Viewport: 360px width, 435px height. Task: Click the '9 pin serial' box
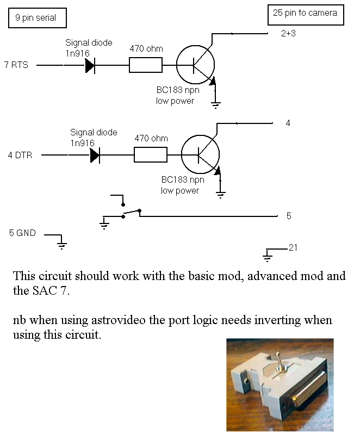[x=37, y=18]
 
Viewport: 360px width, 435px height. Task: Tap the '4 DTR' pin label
[x=20, y=156]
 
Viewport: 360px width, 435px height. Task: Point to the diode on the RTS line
[x=90, y=66]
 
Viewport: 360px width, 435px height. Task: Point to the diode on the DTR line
[x=95, y=156]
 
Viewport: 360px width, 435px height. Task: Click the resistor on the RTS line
[x=145, y=66]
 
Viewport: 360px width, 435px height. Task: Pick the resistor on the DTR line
[x=151, y=156]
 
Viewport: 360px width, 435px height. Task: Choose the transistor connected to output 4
[x=201, y=156]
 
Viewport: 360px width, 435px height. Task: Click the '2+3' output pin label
[x=289, y=34]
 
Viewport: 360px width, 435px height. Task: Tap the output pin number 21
[x=293, y=248]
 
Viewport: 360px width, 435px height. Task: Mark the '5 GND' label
[x=22, y=233]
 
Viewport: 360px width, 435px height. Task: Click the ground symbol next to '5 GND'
[x=61, y=244]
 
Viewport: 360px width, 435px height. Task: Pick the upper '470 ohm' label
[x=146, y=48]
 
